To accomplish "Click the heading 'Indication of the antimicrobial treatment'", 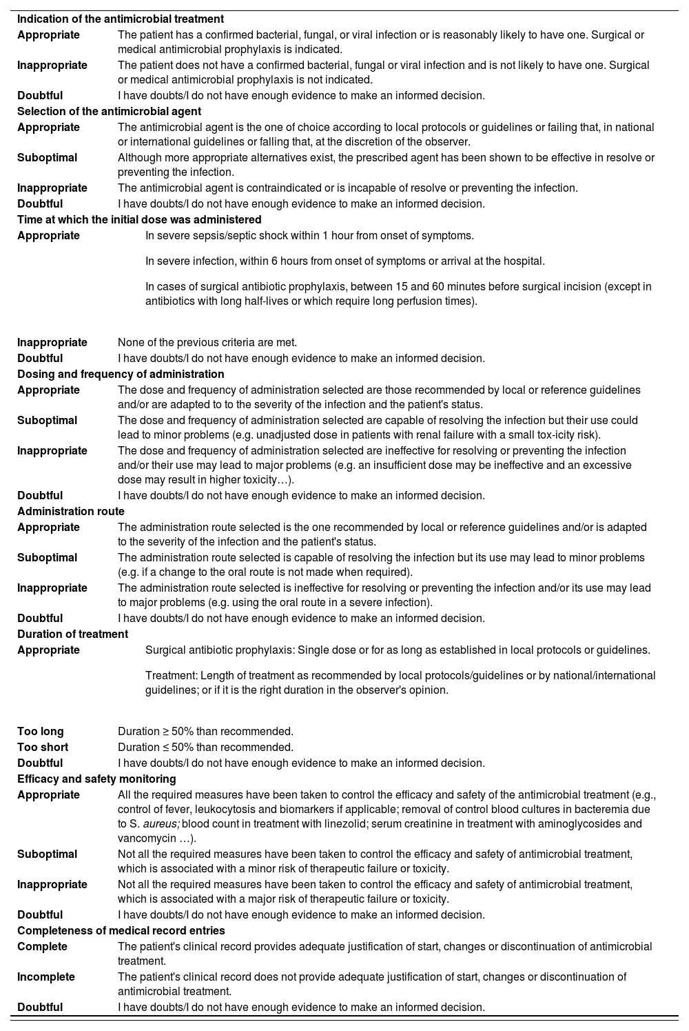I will [120, 19].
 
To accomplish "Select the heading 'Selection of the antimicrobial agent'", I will [109, 112].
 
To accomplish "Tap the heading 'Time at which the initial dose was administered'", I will [139, 220].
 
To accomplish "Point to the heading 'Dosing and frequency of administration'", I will [121, 374].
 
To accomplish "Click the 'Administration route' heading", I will [71, 512].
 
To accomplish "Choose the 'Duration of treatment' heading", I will [72, 634].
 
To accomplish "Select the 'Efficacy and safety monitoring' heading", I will [96, 779].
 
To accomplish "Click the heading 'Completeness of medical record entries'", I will [121, 931].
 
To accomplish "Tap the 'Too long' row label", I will [40, 732].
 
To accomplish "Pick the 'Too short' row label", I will [43, 748].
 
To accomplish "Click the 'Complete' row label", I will [42, 947].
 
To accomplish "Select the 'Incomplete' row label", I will [46, 977].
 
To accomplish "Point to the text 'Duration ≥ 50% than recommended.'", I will [205, 732].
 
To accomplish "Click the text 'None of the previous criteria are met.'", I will [207, 343].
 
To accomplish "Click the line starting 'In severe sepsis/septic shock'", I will [309, 236].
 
